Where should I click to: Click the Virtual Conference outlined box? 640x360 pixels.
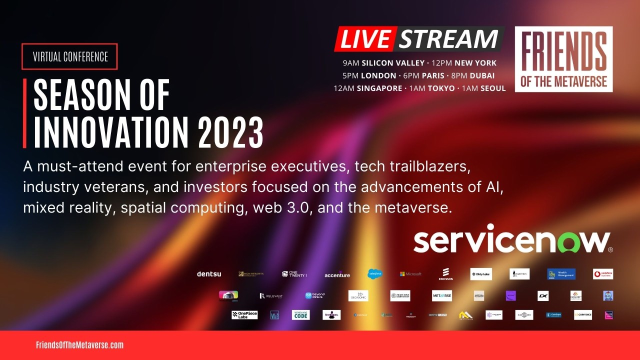point(70,56)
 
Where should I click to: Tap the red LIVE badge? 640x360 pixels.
point(365,39)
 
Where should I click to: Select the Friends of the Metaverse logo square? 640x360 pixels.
point(563,59)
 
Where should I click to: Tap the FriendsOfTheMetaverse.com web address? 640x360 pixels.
point(79,345)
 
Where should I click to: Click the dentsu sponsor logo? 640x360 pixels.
point(209,274)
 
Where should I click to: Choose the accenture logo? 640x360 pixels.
point(337,274)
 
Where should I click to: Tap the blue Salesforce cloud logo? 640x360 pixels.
point(375,273)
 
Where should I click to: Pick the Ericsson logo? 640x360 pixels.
point(445,274)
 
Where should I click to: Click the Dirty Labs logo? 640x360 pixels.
point(481,274)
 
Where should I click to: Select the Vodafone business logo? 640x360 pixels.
point(603,274)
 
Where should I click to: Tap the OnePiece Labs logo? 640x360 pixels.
point(244,315)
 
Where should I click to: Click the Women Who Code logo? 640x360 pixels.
point(300,315)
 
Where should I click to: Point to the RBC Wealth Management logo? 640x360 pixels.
point(561,274)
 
